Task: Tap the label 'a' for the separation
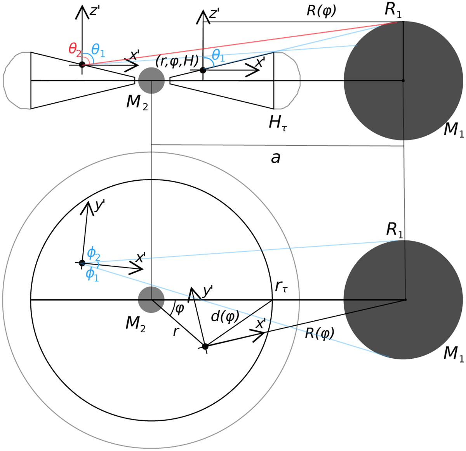pyautogui.click(x=275, y=158)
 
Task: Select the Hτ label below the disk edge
pyautogui.click(x=278, y=124)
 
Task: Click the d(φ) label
pyautogui.click(x=225, y=317)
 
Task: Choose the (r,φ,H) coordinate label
pyautogui.click(x=177, y=61)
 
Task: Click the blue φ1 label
pyautogui.click(x=92, y=274)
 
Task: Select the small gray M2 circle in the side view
pyautogui.click(x=151, y=81)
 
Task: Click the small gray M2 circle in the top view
pyautogui.click(x=151, y=299)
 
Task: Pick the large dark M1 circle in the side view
pyautogui.click(x=403, y=81)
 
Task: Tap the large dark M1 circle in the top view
pyautogui.click(x=403, y=300)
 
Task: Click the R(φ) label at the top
pyautogui.click(x=322, y=11)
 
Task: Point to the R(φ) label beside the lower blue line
pyautogui.click(x=320, y=333)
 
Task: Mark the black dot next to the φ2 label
pyautogui.click(x=82, y=263)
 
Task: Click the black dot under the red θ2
pyautogui.click(x=82, y=64)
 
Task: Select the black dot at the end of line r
pyautogui.click(x=205, y=346)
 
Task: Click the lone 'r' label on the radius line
pyautogui.click(x=176, y=332)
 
